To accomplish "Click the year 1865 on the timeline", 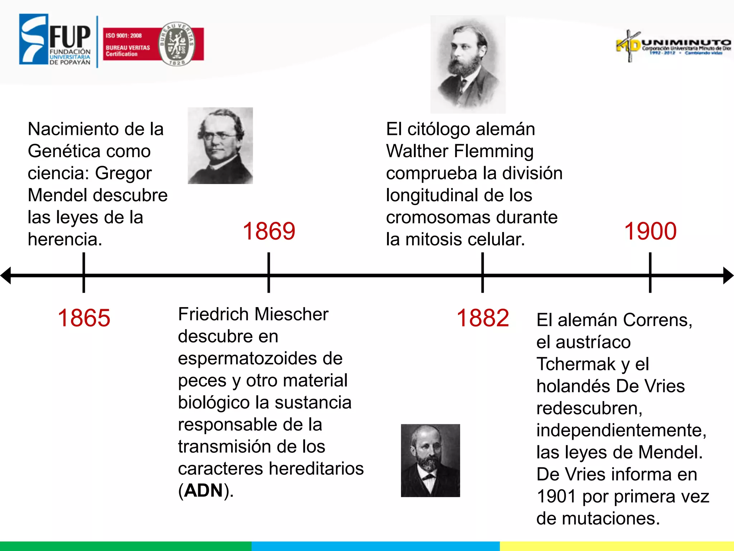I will coord(84,318).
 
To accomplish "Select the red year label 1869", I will coord(269,231).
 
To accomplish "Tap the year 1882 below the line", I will coord(482,318).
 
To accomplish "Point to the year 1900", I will coord(650,231).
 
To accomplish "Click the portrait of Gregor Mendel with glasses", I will coord(220,146).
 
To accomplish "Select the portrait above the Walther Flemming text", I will coord(468,65).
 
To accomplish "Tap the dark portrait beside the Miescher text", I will coord(430,461).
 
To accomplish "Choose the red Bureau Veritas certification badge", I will coord(153,44).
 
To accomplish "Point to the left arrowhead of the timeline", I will coord(6,275).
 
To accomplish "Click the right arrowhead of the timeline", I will coord(728,275).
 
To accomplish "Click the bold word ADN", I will coord(204,491).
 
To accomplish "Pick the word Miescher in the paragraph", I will coord(291,314).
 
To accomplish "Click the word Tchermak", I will coord(576,364).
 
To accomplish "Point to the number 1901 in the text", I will coord(556,496).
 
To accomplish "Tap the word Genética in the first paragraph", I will coord(89,151).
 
